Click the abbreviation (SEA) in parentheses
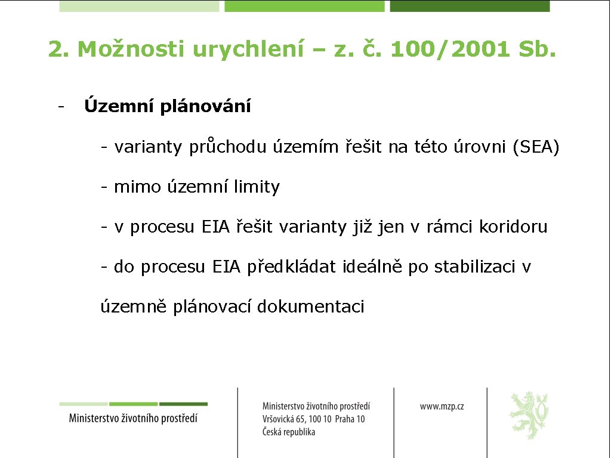tap(536, 147)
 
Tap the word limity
tap(257, 187)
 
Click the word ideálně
tap(374, 267)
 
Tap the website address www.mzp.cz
tap(442, 406)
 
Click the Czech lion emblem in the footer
tap(529, 415)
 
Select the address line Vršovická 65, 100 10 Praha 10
tap(313, 419)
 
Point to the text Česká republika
tap(289, 432)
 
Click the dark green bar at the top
tap(470, 6)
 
